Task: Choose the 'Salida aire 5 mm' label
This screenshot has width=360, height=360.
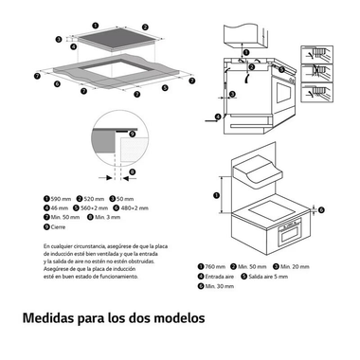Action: tap(271, 276)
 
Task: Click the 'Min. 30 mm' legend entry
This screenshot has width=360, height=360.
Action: tap(219, 285)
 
